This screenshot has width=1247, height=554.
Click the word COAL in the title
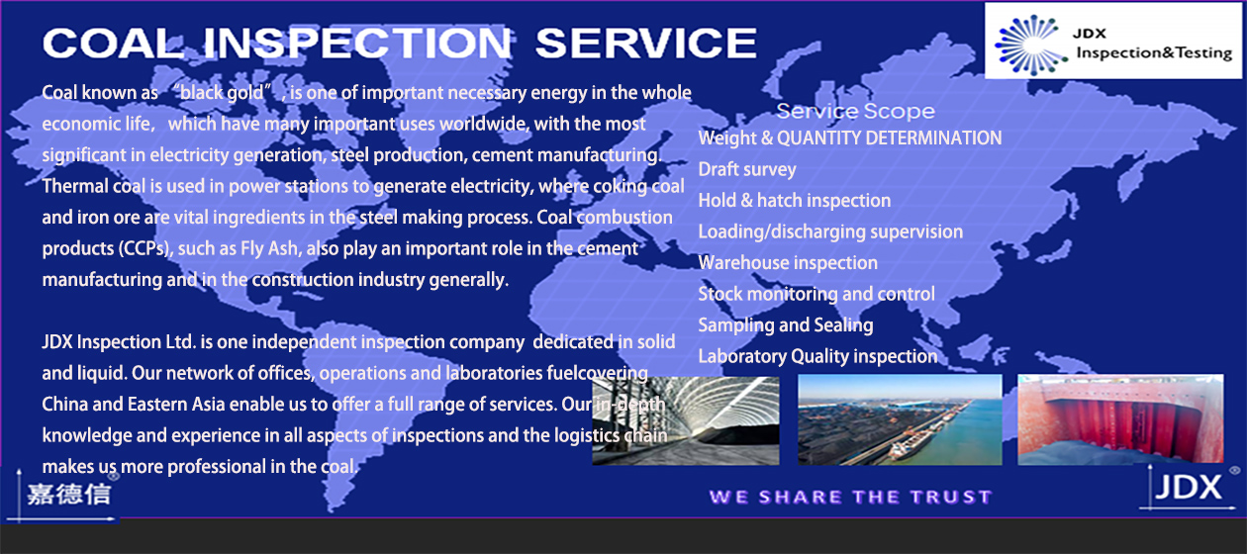113,43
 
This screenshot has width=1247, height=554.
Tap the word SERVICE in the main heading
645,43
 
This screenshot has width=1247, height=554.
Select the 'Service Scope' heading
856,111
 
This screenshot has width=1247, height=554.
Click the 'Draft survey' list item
747,169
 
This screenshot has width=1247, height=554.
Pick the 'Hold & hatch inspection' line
795,200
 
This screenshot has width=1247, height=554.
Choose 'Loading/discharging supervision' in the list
830,231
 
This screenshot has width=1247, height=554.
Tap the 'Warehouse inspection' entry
788,262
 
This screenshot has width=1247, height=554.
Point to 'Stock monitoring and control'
816,294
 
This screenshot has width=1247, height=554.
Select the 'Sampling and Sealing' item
786,325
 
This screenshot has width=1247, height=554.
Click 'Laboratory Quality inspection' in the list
817,356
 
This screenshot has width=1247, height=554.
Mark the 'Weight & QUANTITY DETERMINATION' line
850,138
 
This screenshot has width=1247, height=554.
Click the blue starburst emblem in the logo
1030,45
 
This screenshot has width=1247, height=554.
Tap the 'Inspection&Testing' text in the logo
1154,52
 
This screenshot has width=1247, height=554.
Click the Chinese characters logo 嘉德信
69,494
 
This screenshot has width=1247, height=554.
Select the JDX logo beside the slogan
1188,488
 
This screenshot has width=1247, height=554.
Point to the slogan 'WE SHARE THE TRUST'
850,497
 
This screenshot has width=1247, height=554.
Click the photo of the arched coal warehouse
686,420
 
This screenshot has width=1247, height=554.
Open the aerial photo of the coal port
900,419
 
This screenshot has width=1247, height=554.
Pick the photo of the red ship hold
1120,418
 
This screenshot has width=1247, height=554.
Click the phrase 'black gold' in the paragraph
222,92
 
